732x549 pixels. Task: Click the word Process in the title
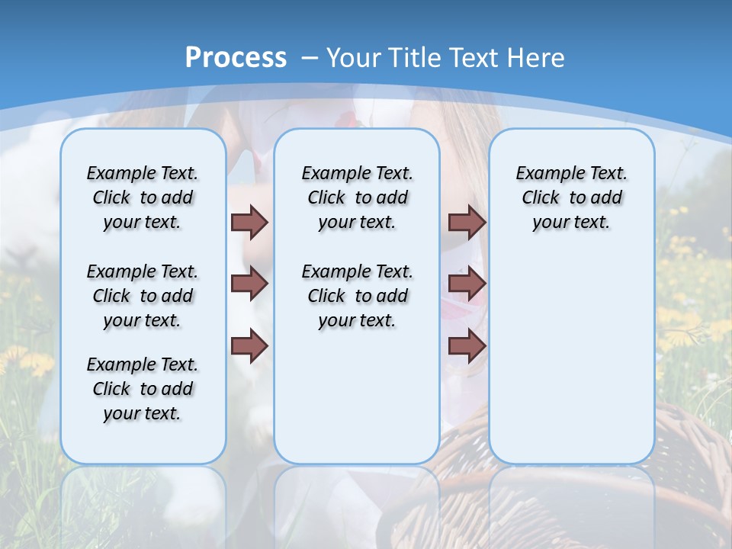236,57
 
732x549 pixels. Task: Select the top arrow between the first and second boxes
249,222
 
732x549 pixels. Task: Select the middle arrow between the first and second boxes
249,284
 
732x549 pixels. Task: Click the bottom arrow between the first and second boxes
249,346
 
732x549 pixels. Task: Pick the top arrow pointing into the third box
467,222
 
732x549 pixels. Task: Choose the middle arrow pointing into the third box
467,284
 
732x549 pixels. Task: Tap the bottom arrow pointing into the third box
467,346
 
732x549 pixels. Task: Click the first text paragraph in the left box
143,197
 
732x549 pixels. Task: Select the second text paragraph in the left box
143,296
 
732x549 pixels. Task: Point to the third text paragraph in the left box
143,389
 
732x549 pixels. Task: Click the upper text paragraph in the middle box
357,197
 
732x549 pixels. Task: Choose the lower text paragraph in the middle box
357,296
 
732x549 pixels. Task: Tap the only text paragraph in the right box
571,197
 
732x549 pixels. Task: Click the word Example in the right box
544,173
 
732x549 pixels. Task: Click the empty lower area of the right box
571,366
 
